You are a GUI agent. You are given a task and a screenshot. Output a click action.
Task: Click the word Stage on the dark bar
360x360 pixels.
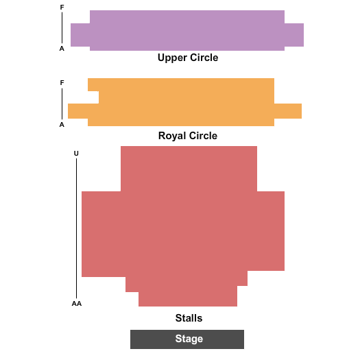(189, 339)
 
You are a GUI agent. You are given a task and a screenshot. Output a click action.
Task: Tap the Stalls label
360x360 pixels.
(189, 318)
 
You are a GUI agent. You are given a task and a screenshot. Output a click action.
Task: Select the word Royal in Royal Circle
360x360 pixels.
(172, 136)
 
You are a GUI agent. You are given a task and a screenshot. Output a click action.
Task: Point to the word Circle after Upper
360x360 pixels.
(204, 58)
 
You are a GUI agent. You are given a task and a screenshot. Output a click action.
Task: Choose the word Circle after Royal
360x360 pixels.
(204, 136)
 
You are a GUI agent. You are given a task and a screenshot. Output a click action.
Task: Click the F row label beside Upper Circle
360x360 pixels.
(62, 8)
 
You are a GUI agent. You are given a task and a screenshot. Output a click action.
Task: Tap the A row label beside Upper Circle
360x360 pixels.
(62, 49)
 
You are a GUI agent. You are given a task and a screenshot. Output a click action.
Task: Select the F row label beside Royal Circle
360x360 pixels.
(62, 83)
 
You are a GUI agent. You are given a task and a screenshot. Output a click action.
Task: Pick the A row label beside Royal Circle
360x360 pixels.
(62, 125)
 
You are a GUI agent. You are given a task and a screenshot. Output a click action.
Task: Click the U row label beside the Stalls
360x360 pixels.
(76, 154)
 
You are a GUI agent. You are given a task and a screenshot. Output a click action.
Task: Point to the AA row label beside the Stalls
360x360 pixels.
(77, 304)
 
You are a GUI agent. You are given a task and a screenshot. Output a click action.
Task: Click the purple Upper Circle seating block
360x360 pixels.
(187, 30)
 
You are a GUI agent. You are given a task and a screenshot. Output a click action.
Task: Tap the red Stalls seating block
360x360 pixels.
(183, 226)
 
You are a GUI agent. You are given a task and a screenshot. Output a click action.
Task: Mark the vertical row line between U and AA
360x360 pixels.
(76, 228)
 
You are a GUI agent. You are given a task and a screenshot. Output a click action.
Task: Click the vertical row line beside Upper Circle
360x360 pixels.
(62, 27)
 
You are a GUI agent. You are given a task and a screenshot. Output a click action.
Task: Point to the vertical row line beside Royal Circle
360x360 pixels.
(62, 104)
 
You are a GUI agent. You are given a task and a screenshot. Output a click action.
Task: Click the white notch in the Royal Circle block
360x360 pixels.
(93, 97)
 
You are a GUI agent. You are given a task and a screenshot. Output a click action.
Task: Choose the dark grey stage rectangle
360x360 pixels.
(187, 339)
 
